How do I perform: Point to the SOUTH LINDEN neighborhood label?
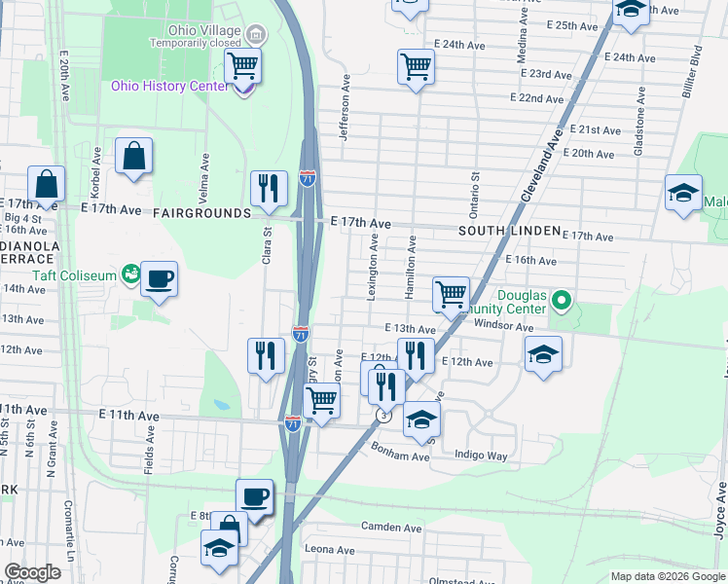pos(511,231)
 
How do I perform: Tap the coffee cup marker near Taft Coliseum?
pos(159,279)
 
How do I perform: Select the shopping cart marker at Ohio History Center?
pos(242,66)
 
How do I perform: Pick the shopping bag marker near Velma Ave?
pos(133,156)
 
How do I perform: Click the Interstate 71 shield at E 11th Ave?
pos(293,424)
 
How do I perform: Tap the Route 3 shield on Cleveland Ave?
pos(384,416)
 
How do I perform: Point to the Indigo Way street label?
pos(481,455)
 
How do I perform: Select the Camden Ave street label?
pos(390,528)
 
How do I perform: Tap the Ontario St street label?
pos(476,194)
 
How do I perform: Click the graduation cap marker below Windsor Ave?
pos(542,353)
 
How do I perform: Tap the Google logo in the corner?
pos(32,572)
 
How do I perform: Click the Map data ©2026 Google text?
pos(667,576)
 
